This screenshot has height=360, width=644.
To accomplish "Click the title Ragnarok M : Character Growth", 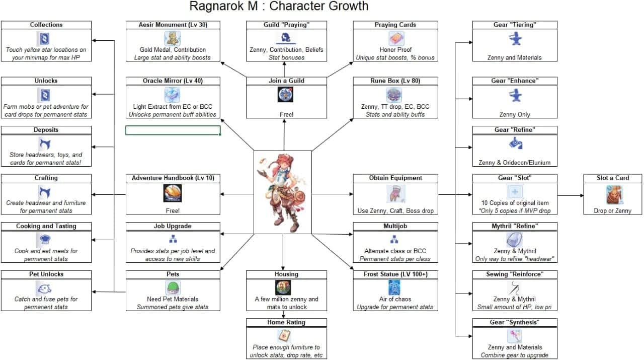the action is pyautogui.click(x=279, y=7).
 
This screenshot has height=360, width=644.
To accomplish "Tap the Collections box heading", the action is pyautogui.click(x=46, y=25).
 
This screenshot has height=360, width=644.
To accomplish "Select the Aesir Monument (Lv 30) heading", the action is pyautogui.click(x=173, y=25).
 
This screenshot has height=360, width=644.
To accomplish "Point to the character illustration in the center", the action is pyautogui.click(x=282, y=192).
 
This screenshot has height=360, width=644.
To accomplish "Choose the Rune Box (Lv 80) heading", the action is pyautogui.click(x=395, y=81).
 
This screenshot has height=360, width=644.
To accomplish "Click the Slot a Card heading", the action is pyautogui.click(x=612, y=178).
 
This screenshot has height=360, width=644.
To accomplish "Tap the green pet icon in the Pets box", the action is pyautogui.click(x=173, y=288).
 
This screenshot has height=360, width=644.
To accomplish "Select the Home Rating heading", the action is pyautogui.click(x=286, y=322).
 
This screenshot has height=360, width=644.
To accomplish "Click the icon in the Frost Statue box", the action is pyautogui.click(x=395, y=288).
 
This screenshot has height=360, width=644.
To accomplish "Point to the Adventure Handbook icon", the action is pyautogui.click(x=173, y=193).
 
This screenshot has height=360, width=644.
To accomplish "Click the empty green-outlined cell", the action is pyautogui.click(x=173, y=130).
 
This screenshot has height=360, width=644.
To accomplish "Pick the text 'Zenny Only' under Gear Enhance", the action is pyautogui.click(x=515, y=114).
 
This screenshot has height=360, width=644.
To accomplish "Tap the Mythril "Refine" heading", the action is pyautogui.click(x=515, y=226).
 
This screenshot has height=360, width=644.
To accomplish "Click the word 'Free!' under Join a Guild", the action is pyautogui.click(x=286, y=114).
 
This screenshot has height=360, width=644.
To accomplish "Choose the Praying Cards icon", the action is pyautogui.click(x=396, y=39).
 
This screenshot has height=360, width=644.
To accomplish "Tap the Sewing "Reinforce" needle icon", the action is pyautogui.click(x=514, y=288).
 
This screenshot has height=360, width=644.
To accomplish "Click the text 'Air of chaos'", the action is pyautogui.click(x=395, y=299).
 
